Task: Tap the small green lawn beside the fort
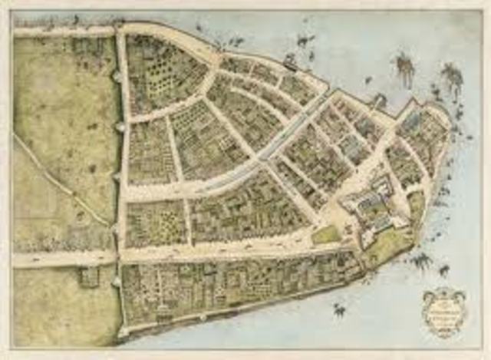pyautogui.click(x=325, y=235)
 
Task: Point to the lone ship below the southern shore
pyautogui.click(x=338, y=310)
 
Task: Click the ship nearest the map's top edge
pyautogui.click(x=306, y=38)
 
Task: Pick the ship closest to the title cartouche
pyautogui.click(x=443, y=270)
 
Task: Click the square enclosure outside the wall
pyautogui.click(x=88, y=276)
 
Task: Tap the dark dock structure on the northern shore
pyautogui.click(x=292, y=61)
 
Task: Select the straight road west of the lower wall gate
pyautogui.click(x=61, y=259)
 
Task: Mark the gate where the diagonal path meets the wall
pyautogui.click(x=117, y=228)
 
